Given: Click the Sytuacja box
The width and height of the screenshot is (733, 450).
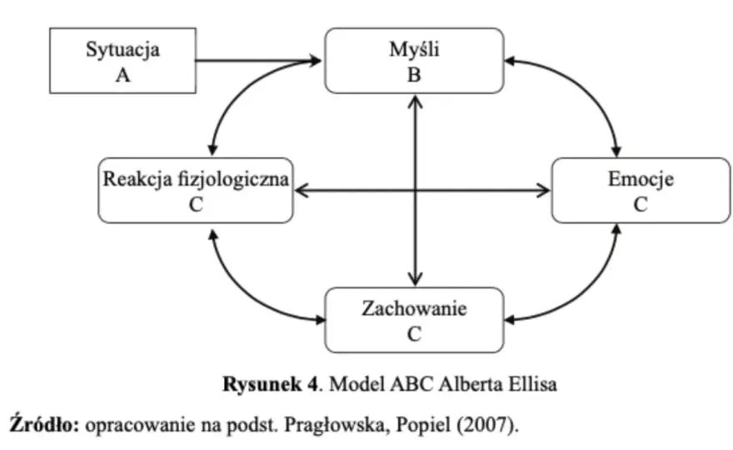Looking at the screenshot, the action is point(122,61).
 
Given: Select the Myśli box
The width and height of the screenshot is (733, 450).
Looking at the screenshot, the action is point(414,61).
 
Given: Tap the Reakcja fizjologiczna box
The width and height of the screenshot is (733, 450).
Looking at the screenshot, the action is point(196,190).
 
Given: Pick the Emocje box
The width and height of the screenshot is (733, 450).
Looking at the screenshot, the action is point(641,190).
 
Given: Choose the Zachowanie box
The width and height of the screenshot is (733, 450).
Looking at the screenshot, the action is point(414,320).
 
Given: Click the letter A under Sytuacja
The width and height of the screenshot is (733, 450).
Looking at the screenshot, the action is point(122,75).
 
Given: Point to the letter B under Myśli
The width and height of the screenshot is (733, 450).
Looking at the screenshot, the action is point(414,75).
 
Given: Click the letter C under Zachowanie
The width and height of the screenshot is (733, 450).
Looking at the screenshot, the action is point(414,334).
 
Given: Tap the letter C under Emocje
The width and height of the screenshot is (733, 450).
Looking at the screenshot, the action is point(641,204).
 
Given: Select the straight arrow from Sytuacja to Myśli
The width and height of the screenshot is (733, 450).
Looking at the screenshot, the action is point(258,60).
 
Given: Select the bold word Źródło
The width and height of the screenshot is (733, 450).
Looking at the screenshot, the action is point(45,424).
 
